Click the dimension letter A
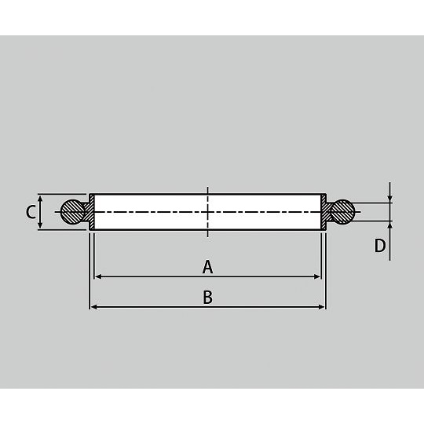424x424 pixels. pyautogui.click(x=207, y=267)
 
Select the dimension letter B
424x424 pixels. pyautogui.click(x=207, y=297)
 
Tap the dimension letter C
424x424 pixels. pyautogui.click(x=31, y=212)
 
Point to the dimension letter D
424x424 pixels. pyautogui.click(x=380, y=246)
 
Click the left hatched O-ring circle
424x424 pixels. pyautogui.click(x=73, y=212)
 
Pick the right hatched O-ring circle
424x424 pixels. pyautogui.click(x=342, y=212)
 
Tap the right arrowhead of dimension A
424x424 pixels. pyautogui.click(x=317, y=276)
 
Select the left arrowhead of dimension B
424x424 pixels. pyautogui.click(x=93, y=307)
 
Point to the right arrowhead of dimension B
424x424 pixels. pyautogui.click(x=321, y=307)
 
